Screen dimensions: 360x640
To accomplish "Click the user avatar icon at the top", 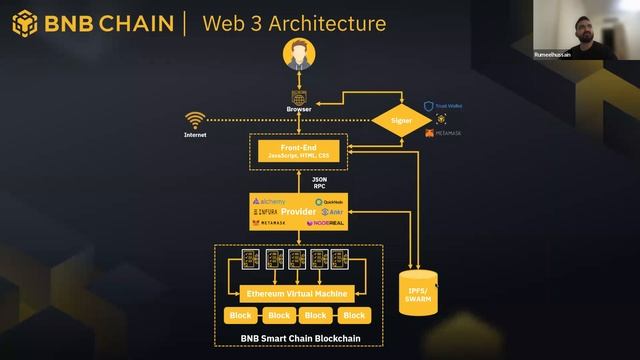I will coord(298,55).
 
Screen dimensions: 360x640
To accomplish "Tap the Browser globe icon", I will coord(298,96).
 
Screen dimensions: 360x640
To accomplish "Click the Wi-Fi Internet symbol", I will coord(195,121).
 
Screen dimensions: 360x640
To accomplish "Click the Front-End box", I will coord(298,152).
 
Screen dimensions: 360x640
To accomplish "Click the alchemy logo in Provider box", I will coord(271,201).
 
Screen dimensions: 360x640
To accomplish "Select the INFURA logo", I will coord(268,212).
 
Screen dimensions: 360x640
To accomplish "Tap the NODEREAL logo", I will coord(328,223).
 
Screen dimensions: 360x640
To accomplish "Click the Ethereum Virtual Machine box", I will coord(298,293).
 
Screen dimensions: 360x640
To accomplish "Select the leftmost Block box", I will coord(240,315).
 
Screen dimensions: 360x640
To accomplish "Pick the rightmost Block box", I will coord(353,315).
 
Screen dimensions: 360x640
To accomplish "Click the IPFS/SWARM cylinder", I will coord(416,293).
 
